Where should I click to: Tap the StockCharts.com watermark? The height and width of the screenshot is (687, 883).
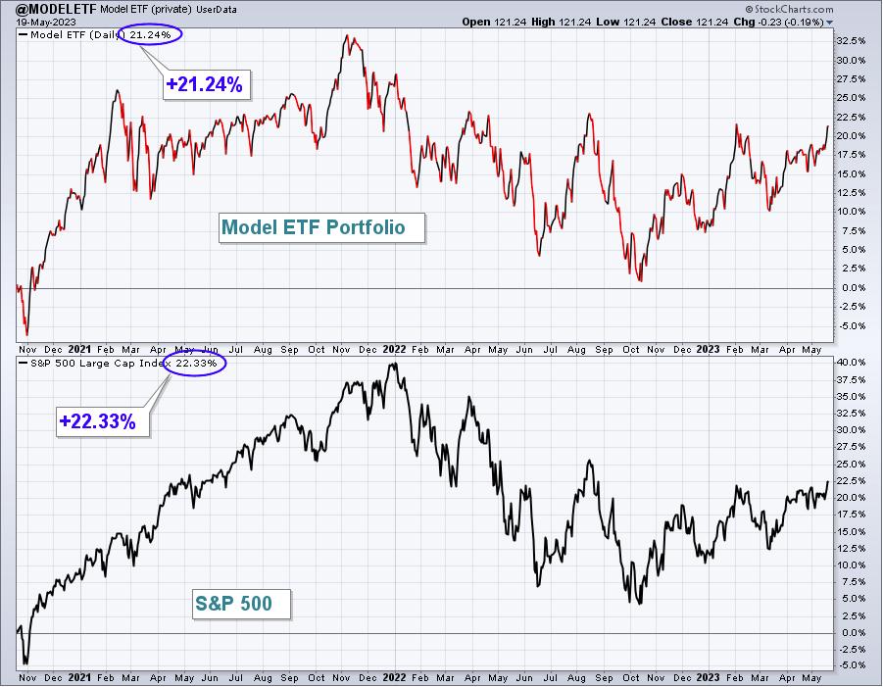tap(789, 9)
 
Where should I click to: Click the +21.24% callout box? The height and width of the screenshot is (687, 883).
tap(206, 84)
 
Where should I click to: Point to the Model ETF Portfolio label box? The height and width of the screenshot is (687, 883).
tap(321, 227)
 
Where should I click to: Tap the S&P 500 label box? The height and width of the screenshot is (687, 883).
tap(242, 604)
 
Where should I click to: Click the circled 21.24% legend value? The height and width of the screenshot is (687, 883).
tap(150, 35)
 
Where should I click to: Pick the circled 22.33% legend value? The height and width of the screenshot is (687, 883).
tap(196, 364)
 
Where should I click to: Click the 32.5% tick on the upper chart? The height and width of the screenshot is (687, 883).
tap(851, 41)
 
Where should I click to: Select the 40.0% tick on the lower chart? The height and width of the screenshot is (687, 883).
tap(851, 362)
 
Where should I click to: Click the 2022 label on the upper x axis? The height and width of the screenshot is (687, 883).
tap(394, 349)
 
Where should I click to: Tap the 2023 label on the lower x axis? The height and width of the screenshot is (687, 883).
tap(708, 677)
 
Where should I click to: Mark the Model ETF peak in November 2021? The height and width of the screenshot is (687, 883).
tap(347, 35)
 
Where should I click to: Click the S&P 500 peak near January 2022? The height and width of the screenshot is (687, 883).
tap(395, 364)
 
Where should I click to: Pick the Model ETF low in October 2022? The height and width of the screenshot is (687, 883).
tap(640, 280)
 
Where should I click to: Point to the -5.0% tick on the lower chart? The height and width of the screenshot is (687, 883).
tap(852, 665)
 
